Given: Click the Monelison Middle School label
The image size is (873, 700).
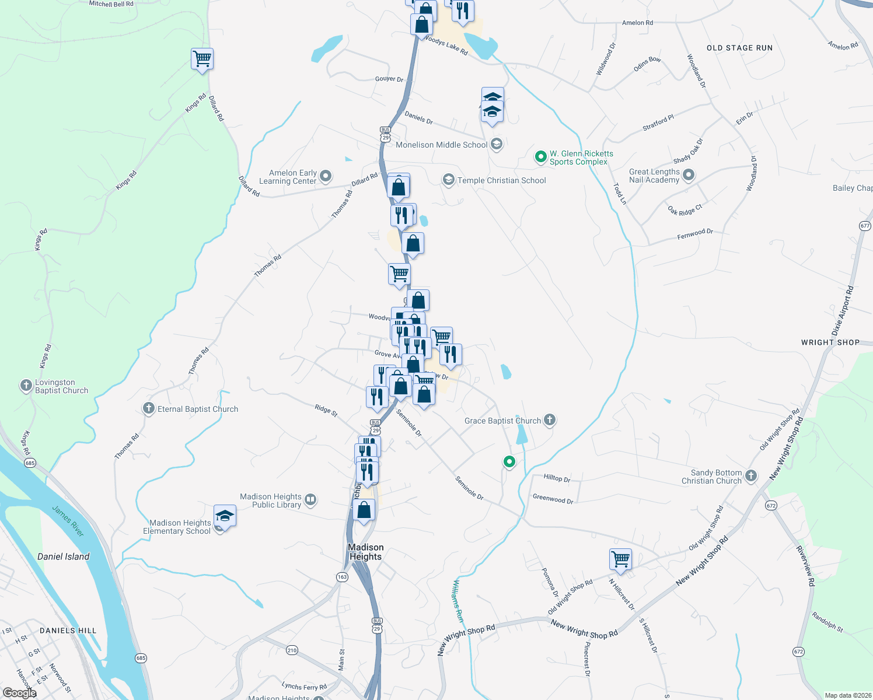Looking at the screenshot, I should tap(441, 145).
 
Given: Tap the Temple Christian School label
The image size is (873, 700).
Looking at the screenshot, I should tap(501, 180).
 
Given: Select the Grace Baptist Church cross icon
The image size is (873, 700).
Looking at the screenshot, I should tap(550, 420).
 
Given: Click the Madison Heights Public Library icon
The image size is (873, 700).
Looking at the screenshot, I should tap(310, 499).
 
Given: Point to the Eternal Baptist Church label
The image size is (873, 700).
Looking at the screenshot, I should tap(197, 409).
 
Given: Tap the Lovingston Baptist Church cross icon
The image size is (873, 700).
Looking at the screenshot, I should tap(26, 386).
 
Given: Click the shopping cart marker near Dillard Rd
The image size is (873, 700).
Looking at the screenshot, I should tap(202, 59).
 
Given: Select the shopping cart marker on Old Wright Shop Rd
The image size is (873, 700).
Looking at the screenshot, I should tap(620, 559).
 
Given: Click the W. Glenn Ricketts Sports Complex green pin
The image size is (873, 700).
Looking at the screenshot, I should tap(541, 156).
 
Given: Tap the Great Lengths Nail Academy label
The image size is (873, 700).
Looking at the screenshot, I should tap(654, 176).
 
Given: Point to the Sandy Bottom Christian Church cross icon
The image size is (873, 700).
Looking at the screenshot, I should tap(751, 476).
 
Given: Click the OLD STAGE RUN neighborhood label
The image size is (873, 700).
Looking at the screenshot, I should tap(739, 48).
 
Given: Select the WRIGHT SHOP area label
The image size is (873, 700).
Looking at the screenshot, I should tap(830, 342).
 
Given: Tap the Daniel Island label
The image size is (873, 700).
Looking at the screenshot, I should tap(63, 556).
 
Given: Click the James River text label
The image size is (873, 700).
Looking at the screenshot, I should tap(68, 520).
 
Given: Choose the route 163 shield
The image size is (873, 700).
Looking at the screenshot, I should tap(342, 576).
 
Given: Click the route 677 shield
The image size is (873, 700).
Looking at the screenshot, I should tap(865, 226).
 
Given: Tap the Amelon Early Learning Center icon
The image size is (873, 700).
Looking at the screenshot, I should tap(326, 176).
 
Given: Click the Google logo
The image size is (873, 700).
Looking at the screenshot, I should tap(19, 693).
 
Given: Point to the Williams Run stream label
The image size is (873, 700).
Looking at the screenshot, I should tap(458, 601).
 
